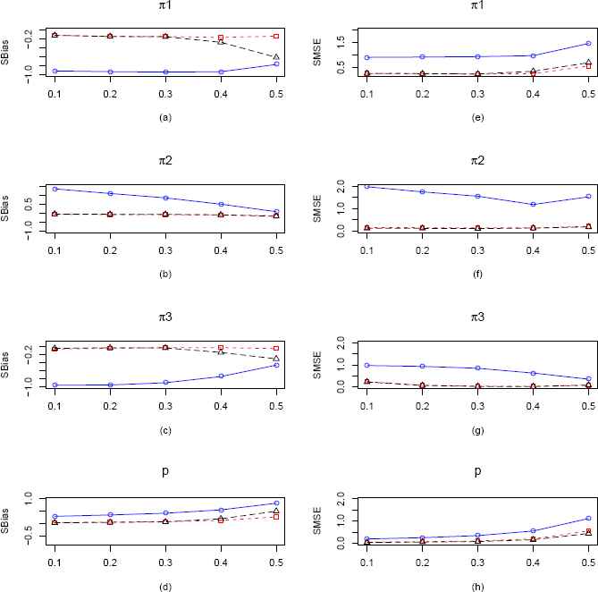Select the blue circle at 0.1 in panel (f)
point(366,186)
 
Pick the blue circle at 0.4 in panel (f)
point(533,205)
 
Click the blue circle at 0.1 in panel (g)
point(366,365)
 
